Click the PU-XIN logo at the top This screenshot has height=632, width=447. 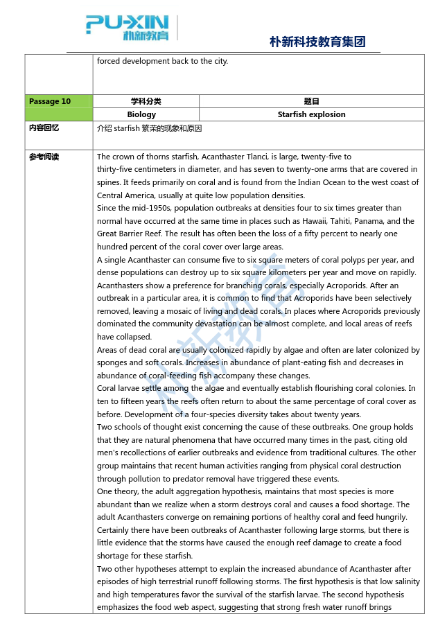pos(128,27)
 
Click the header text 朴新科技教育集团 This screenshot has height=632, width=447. pos(317,42)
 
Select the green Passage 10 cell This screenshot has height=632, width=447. pos(58,101)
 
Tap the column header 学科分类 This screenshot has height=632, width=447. pos(146,101)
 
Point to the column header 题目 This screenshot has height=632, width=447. pos(311,101)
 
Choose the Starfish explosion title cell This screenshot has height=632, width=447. pos(311,114)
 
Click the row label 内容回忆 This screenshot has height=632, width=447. pos(44,128)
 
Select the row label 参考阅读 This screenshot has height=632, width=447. pos(44,157)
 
